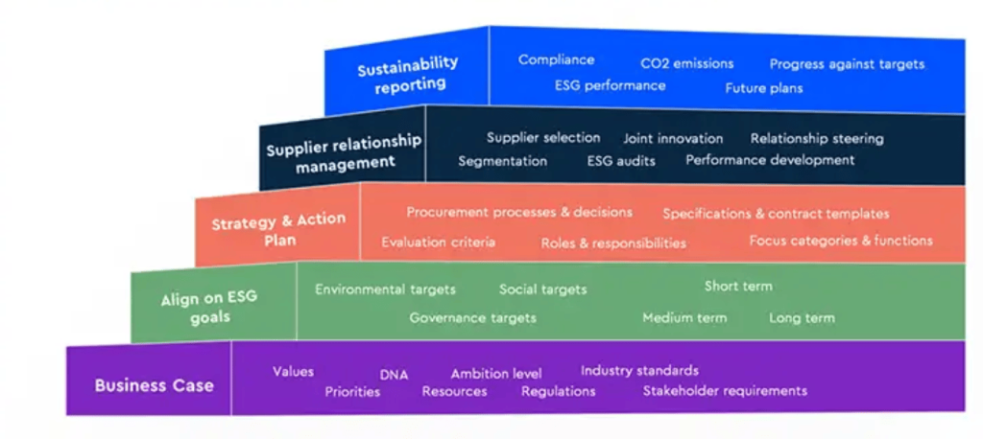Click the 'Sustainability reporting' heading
(408, 74)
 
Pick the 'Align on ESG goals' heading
(209, 308)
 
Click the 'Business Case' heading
(154, 385)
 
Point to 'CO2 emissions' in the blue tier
(686, 63)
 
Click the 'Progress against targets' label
(847, 64)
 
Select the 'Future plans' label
(763, 88)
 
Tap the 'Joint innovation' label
(673, 139)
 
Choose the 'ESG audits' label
(621, 161)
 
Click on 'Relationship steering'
(817, 139)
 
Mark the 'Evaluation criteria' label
(438, 243)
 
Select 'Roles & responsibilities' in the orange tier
(613, 243)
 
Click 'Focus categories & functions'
(840, 241)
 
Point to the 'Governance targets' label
(472, 317)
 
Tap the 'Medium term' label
(684, 317)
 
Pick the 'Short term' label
(737, 286)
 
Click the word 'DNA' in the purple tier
(394, 375)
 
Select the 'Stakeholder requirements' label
(725, 390)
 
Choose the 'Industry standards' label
(639, 370)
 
